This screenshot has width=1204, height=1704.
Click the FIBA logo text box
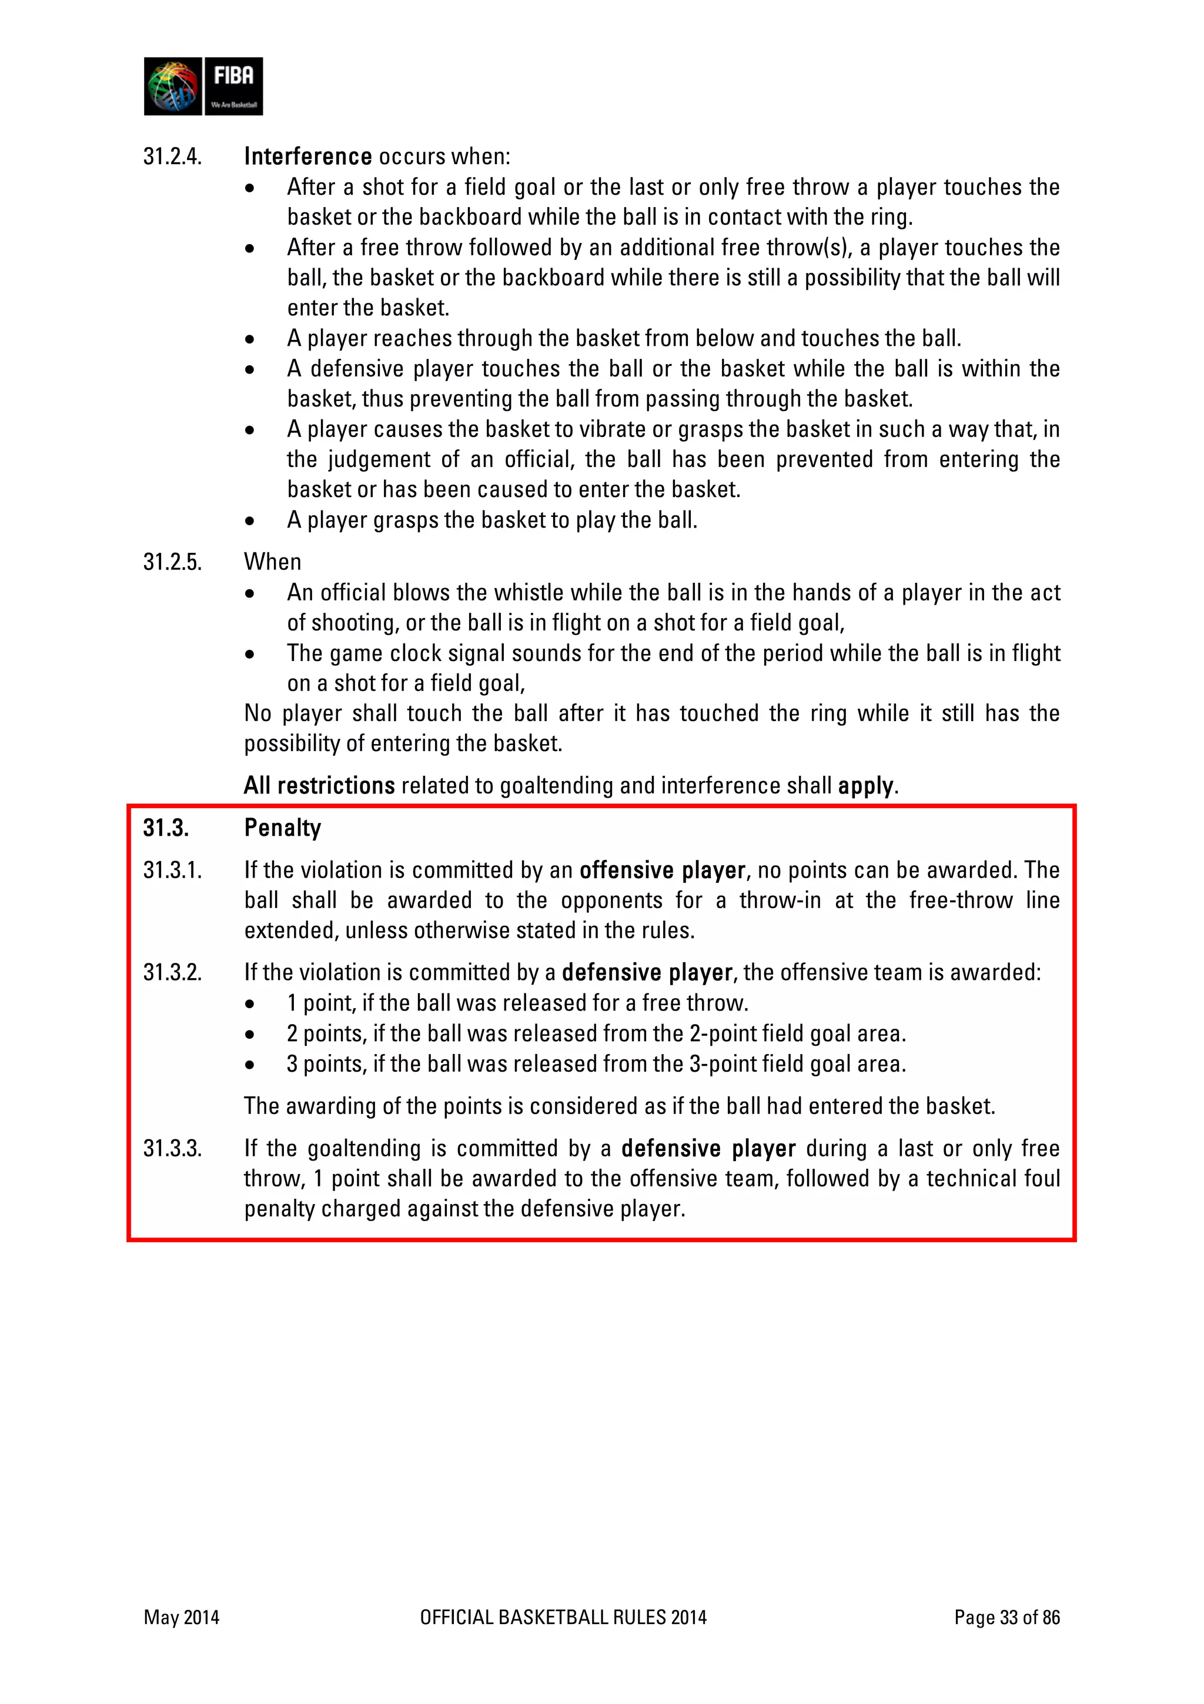point(233,86)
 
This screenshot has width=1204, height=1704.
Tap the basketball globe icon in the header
point(173,86)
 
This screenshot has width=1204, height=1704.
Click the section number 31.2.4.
point(172,156)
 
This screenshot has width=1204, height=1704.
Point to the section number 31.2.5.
point(172,562)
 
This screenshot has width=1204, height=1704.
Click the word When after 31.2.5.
point(272,562)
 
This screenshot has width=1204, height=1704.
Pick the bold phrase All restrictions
point(319,785)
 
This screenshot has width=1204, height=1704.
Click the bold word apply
point(865,786)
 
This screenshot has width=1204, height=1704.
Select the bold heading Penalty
point(282,828)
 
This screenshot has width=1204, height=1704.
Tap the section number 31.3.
point(165,828)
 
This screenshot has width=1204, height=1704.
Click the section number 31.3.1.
point(172,870)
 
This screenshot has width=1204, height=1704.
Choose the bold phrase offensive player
point(662,870)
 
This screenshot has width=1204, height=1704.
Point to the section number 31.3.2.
point(172,972)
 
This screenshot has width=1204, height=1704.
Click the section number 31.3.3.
point(172,1149)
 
